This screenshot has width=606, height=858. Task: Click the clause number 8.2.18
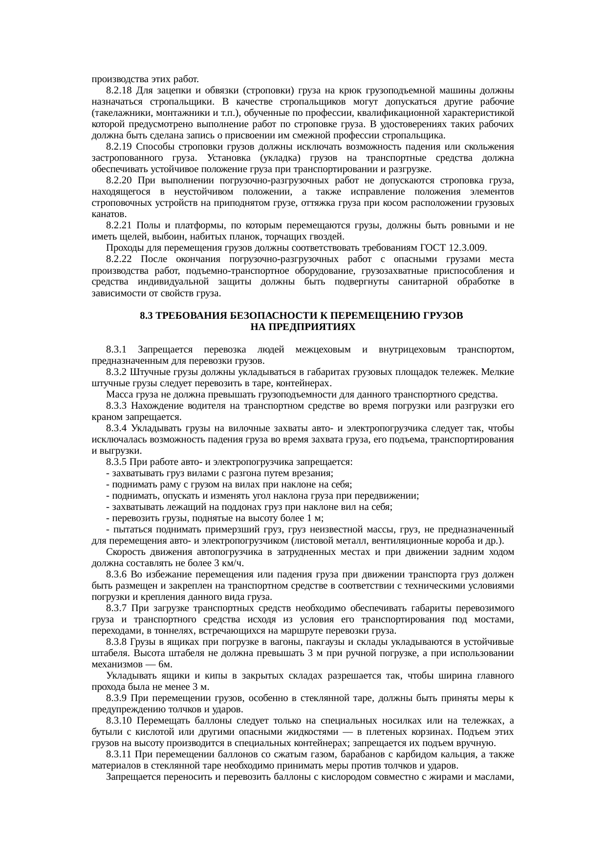(119, 90)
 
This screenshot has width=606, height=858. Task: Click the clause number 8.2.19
(119, 147)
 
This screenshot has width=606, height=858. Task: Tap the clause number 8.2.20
(119, 181)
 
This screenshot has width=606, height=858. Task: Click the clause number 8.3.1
(116, 350)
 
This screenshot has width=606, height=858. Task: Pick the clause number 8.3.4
(116, 429)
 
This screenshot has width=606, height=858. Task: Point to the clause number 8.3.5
(116, 462)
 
